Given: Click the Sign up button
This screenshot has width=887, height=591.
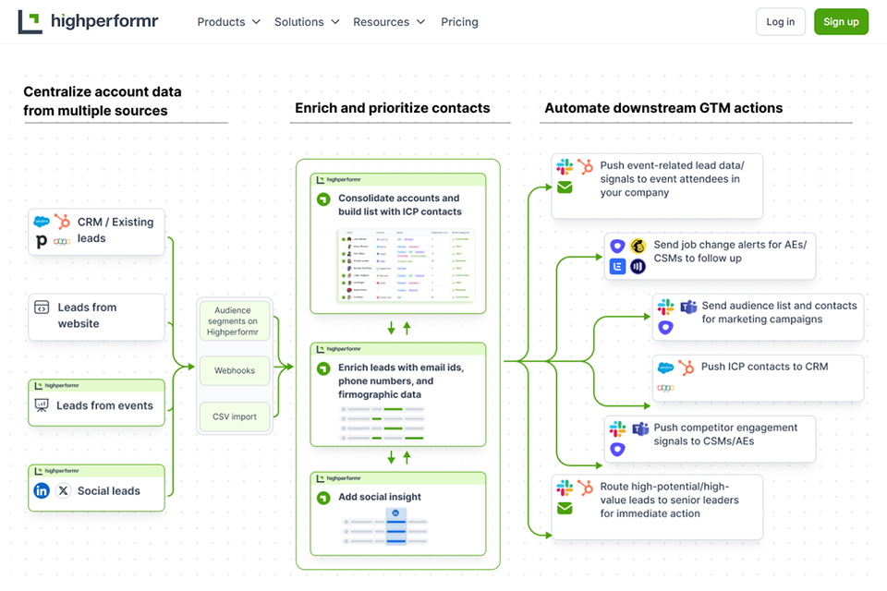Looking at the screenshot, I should tap(841, 22).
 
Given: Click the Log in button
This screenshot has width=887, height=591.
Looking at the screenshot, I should tap(780, 22).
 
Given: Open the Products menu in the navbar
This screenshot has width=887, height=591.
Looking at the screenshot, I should tap(228, 22).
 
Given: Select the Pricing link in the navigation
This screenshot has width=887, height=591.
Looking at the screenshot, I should tap(459, 22).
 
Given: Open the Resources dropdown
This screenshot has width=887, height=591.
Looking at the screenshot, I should tap(389, 22).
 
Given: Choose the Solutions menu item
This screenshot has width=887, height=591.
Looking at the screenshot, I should tap(307, 22).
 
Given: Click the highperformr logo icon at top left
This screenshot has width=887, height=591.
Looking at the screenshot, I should tap(30, 22).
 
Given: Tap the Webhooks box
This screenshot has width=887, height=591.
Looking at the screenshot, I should tap(235, 370).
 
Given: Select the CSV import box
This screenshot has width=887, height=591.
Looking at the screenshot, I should tap(235, 416).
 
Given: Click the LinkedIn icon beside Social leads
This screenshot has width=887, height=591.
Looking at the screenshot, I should tap(42, 491).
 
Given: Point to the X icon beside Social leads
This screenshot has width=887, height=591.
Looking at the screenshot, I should tap(63, 491).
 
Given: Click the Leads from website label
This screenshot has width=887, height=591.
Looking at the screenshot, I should tap(87, 316).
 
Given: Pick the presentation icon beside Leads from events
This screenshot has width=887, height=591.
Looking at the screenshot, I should tap(42, 405).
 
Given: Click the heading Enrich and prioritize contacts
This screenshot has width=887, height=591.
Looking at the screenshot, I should tap(392, 108).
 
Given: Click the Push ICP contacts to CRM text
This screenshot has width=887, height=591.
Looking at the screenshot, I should tap(764, 367).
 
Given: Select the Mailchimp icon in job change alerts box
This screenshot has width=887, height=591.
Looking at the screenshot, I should tap(638, 247).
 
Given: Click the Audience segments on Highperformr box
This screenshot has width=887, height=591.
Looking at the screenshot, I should tap(235, 320).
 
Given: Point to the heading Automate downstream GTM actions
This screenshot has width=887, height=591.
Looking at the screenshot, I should tap(662, 108).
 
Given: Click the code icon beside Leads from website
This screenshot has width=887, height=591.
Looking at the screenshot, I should tap(42, 308).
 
